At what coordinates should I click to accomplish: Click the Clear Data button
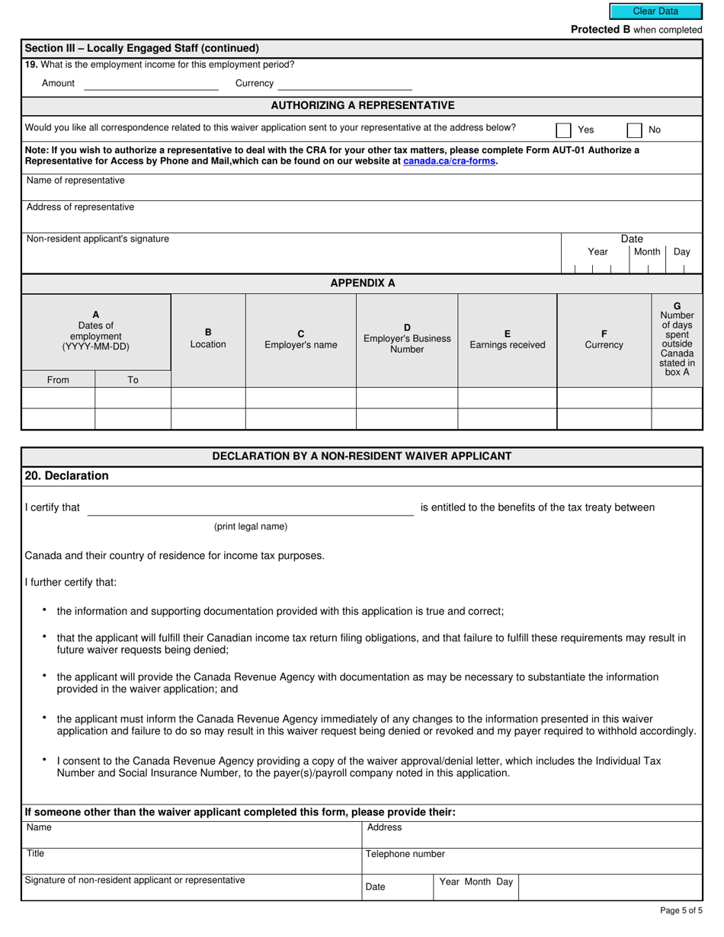[655, 11]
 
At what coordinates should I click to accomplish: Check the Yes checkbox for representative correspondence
[564, 130]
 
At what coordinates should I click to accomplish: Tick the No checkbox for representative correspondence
[634, 130]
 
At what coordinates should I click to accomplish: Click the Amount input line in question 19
[151, 84]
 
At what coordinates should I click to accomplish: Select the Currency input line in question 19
[344, 84]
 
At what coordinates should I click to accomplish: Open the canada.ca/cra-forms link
[450, 161]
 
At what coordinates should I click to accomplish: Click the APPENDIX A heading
[362, 283]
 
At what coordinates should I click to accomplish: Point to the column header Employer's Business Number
[407, 338]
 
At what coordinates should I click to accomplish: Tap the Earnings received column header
[507, 340]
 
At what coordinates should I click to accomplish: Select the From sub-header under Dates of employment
[58, 379]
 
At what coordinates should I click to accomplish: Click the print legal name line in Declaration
[250, 509]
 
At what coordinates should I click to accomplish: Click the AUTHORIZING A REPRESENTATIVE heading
[362, 105]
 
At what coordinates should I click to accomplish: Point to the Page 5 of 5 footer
[681, 910]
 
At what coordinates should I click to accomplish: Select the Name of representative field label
[75, 181]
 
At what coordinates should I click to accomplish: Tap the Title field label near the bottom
[35, 853]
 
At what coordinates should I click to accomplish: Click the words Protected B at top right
[601, 30]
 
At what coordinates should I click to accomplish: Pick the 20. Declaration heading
[66, 476]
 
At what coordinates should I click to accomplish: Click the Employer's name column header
[300, 340]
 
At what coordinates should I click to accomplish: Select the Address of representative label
[80, 207]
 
